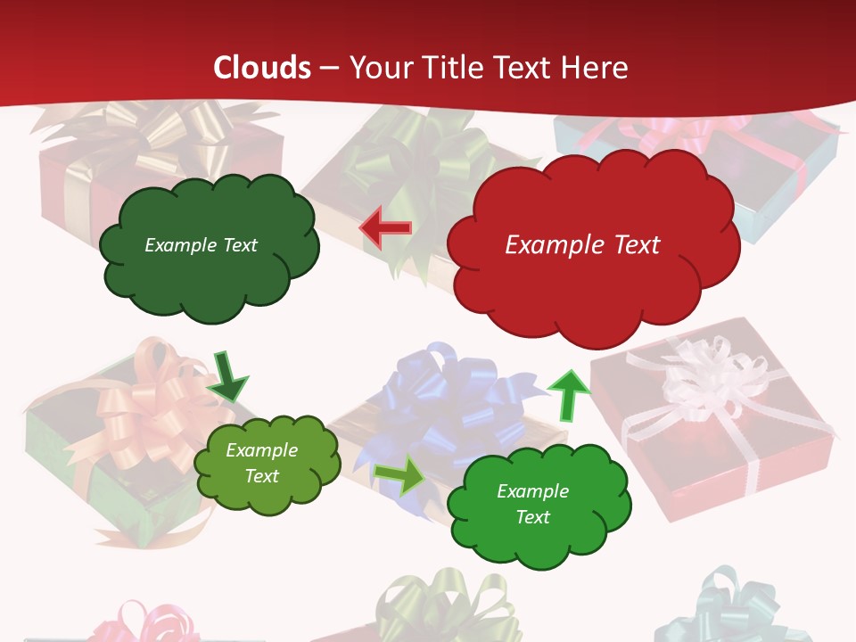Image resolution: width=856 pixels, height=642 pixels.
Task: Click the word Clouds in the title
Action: tap(262, 68)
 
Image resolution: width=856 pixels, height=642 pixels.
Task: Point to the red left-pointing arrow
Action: tap(385, 228)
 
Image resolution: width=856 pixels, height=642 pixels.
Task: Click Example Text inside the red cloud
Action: tap(582, 245)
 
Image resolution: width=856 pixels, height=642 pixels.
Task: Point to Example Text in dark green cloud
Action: tap(201, 245)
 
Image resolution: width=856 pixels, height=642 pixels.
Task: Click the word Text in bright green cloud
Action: tap(532, 517)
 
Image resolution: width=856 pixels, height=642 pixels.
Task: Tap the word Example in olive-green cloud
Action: tap(261, 450)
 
